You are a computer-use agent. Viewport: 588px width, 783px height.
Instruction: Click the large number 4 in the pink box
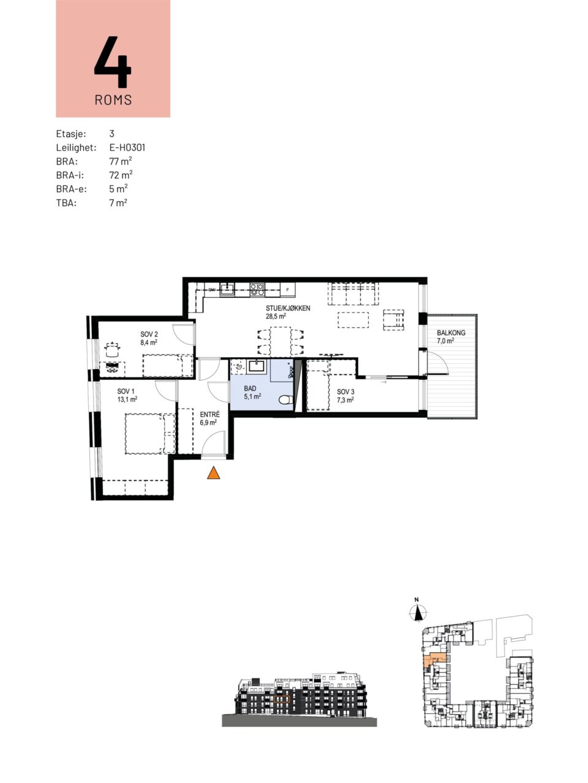(113, 62)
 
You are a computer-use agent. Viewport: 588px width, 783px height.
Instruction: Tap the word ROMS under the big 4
(113, 100)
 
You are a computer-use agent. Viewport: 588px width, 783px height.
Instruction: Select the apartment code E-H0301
(127, 147)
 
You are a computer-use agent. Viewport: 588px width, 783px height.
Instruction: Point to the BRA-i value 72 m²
(121, 175)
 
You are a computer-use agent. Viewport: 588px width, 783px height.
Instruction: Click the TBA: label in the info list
(66, 203)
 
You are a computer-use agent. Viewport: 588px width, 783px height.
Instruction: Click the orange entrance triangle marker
(214, 473)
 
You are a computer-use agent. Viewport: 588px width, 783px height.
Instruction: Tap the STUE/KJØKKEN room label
(288, 308)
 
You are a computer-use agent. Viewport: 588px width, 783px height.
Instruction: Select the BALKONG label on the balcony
(451, 333)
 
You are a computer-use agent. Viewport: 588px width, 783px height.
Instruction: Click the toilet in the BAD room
(285, 400)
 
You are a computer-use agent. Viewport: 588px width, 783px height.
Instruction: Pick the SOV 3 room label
(345, 392)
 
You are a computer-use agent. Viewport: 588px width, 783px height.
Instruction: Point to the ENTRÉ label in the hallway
(209, 415)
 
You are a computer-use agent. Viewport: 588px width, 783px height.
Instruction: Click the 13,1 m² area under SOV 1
(127, 399)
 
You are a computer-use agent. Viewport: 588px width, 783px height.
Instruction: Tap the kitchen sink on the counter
(227, 289)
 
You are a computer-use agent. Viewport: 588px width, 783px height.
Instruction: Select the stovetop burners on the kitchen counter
(257, 289)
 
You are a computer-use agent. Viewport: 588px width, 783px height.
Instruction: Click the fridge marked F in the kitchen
(288, 290)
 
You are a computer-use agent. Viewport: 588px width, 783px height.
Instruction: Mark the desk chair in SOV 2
(112, 349)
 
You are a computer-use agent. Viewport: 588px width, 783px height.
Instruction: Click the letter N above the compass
(417, 599)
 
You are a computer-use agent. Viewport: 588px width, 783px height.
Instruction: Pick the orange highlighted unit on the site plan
(432, 659)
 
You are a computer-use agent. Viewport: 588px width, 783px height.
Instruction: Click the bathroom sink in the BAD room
(257, 366)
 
